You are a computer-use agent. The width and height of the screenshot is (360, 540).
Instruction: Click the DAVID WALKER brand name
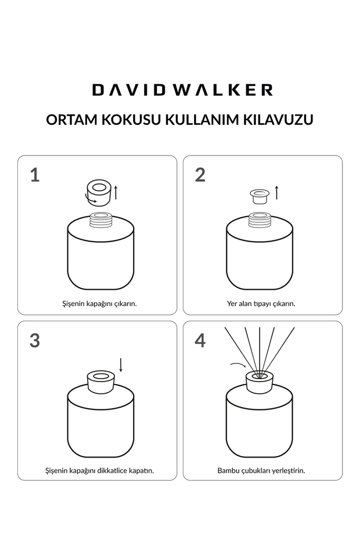point(182,89)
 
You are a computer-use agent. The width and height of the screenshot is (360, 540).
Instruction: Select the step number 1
point(35,175)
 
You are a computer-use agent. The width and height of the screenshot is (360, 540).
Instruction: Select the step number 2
point(200,175)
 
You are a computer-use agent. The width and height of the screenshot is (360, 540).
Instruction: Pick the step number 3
point(35,340)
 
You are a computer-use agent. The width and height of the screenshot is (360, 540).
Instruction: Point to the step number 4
point(200,340)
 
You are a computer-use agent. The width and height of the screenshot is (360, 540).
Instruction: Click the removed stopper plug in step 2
point(258,196)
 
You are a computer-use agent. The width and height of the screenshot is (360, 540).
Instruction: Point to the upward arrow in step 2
point(276,192)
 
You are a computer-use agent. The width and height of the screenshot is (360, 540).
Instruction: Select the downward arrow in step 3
point(121,365)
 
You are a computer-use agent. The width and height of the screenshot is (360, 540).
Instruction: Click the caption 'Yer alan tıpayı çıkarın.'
point(261,303)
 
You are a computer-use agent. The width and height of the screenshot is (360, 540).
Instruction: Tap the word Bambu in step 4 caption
point(228,470)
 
